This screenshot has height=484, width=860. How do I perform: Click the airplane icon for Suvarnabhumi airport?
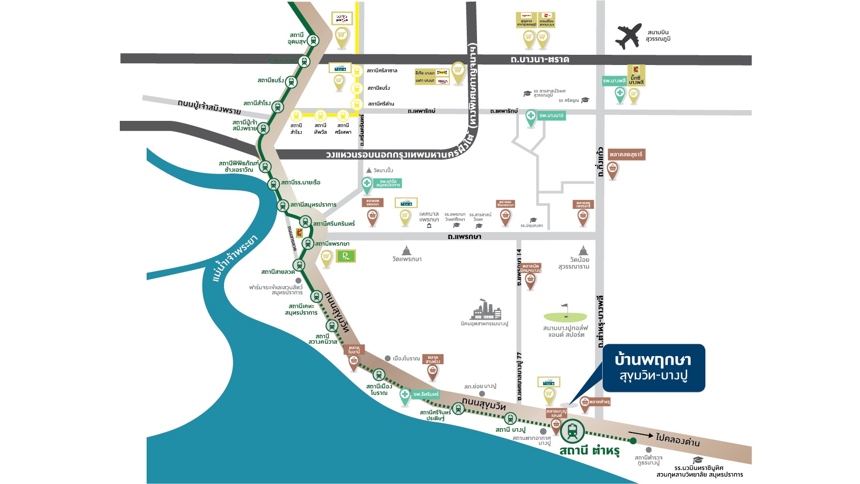[628, 36]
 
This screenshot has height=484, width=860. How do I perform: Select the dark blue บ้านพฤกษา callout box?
[653, 368]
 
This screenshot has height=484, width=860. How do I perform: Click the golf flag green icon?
[565, 315]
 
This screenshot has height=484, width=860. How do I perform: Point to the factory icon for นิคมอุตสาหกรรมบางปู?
[486, 310]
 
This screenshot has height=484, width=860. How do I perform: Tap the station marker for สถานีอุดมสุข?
[313, 40]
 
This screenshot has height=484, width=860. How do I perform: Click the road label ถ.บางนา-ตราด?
[539, 59]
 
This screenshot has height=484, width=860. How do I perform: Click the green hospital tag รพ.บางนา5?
[551, 115]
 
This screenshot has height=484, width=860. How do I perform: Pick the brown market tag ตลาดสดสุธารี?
[626, 155]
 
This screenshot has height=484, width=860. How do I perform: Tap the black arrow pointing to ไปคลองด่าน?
[640, 435]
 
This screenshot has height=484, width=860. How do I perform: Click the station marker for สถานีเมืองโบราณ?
[379, 374]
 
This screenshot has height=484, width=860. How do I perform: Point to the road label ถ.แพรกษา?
[464, 236]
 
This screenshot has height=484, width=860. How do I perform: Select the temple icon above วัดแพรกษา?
[407, 250]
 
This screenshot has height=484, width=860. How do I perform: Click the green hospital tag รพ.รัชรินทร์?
[425, 394]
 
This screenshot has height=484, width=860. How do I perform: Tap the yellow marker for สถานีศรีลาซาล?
[356, 71]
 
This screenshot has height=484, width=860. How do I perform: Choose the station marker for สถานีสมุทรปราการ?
[283, 205]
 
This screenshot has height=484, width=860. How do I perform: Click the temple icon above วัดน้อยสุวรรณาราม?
[583, 250]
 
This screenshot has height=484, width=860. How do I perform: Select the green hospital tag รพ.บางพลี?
[614, 81]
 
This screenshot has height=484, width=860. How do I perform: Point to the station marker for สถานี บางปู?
[510, 418]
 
